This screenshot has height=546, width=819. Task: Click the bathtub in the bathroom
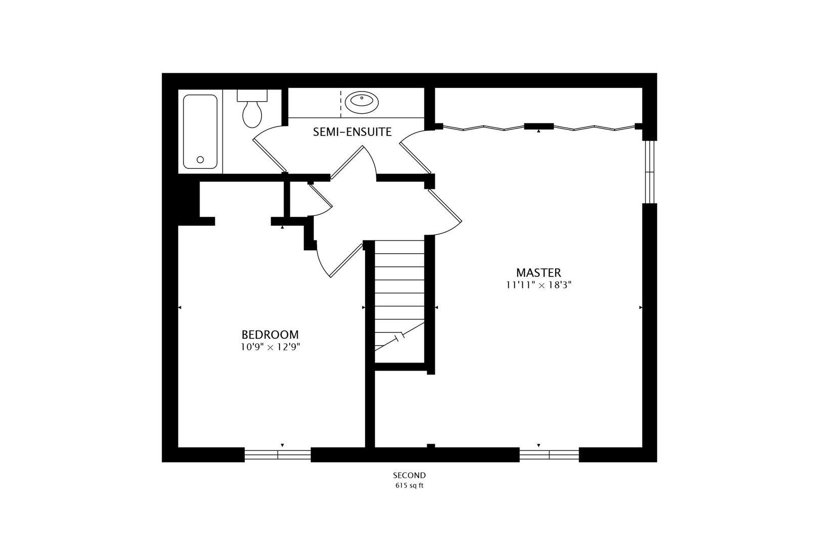click(x=200, y=131)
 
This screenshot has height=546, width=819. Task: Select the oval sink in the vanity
click(x=361, y=103)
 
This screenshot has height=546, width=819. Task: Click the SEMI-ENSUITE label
click(x=352, y=132)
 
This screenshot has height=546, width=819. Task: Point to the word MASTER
click(x=538, y=273)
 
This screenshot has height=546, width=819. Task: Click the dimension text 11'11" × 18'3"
click(x=538, y=285)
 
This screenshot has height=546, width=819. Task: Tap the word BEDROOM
click(x=270, y=335)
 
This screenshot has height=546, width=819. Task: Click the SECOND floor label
click(x=409, y=475)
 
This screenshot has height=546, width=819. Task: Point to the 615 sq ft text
click(x=409, y=486)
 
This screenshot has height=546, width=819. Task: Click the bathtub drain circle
click(x=200, y=160)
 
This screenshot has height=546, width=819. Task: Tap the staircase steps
click(x=399, y=293)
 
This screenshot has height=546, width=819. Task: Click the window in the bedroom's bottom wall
click(x=278, y=454)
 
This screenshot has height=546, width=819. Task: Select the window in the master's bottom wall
click(x=549, y=454)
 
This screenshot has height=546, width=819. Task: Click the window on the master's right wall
click(x=650, y=172)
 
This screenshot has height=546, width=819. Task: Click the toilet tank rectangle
click(x=252, y=95)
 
